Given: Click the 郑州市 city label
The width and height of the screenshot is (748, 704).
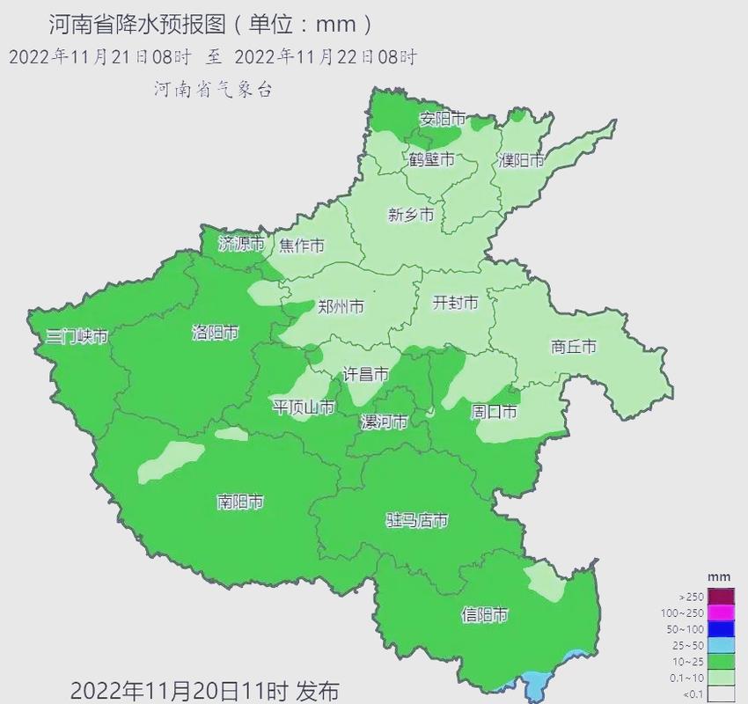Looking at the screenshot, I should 341,307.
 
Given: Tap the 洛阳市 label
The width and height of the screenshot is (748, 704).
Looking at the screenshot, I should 216,333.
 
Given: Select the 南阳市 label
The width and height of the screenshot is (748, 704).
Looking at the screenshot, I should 240,502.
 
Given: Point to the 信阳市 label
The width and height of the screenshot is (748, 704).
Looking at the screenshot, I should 485,615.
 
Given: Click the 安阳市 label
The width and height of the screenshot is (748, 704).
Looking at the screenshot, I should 442,118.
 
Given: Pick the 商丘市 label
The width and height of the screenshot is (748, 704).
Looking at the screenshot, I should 574,347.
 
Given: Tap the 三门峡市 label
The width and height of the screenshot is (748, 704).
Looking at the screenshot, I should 77,336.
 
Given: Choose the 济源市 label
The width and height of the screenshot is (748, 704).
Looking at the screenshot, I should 241,245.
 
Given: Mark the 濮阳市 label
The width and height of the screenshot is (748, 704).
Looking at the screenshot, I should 521,160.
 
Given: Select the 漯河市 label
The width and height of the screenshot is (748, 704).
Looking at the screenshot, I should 385,422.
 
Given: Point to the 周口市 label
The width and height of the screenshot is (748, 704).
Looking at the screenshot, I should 494,412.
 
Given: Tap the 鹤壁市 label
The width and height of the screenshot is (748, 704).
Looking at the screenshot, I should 431,159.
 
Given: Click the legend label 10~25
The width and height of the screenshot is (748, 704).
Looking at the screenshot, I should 688,661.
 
